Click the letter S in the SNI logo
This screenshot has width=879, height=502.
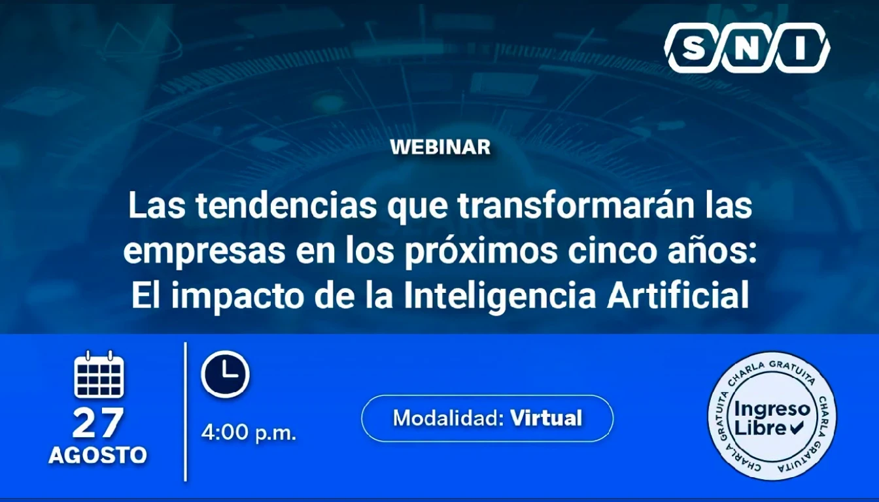point(694,48)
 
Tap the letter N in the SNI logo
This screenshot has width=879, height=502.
point(747,48)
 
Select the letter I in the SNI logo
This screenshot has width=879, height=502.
point(800,48)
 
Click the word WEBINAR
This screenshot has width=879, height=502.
point(440,148)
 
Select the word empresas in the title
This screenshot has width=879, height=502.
point(205,252)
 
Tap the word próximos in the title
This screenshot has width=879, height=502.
point(481,252)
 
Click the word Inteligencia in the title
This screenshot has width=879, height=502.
point(500,297)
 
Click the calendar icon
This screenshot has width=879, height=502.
point(99,374)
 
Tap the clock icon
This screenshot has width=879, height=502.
point(225,374)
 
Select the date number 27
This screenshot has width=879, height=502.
point(98,423)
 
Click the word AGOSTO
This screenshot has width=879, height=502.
point(97,456)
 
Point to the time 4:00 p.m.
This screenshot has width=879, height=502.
point(249,433)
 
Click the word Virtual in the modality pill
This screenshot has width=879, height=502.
point(546,418)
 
